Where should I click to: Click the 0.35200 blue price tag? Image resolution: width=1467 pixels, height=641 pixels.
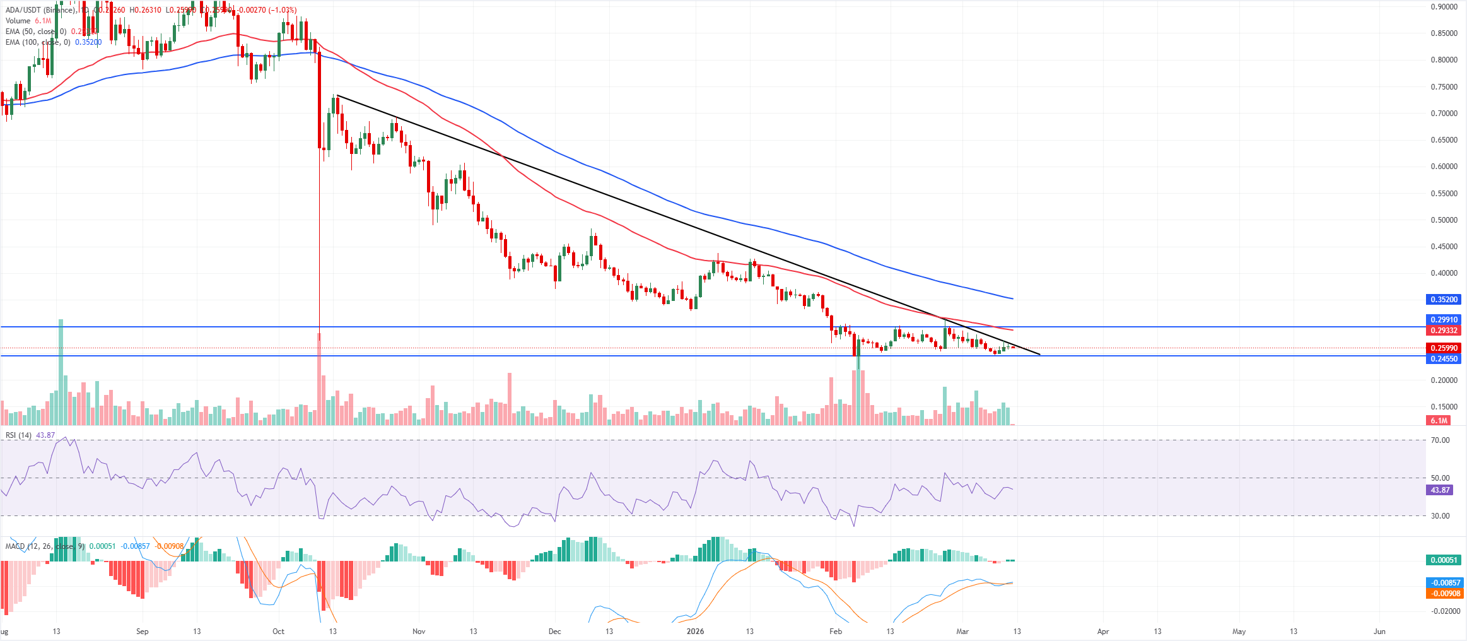tap(1443, 300)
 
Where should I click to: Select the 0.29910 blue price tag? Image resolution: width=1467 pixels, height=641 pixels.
tap(1443, 320)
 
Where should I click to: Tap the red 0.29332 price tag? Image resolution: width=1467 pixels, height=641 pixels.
tap(1443, 331)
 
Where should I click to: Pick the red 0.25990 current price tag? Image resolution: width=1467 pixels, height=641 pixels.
tap(1443, 348)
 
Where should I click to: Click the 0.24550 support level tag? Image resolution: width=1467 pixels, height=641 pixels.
tap(1443, 359)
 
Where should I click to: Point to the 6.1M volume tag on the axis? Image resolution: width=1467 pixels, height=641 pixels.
tap(1439, 421)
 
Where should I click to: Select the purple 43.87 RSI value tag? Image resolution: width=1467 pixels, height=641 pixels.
tap(1439, 490)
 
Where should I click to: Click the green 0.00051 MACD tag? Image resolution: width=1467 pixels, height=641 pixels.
tap(1443, 560)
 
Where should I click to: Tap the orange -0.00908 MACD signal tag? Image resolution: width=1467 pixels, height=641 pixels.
tap(1443, 594)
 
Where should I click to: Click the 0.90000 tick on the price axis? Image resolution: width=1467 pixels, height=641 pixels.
tap(1444, 7)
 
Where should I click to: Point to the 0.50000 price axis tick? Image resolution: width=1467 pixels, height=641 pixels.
tap(1444, 220)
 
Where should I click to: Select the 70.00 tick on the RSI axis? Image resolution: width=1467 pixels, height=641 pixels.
tap(1440, 440)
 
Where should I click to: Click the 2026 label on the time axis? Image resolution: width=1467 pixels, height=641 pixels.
tap(694, 631)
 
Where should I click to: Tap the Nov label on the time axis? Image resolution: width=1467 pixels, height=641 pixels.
tap(419, 631)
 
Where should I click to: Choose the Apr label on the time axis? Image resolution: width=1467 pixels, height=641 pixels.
tap(1102, 631)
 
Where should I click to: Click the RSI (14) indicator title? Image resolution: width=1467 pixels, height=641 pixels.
tap(18, 435)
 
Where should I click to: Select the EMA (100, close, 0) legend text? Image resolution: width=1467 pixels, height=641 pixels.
tap(38, 42)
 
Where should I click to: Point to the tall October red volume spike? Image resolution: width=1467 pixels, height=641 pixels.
tap(319, 379)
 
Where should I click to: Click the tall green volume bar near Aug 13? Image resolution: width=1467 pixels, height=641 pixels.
tap(61, 372)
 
